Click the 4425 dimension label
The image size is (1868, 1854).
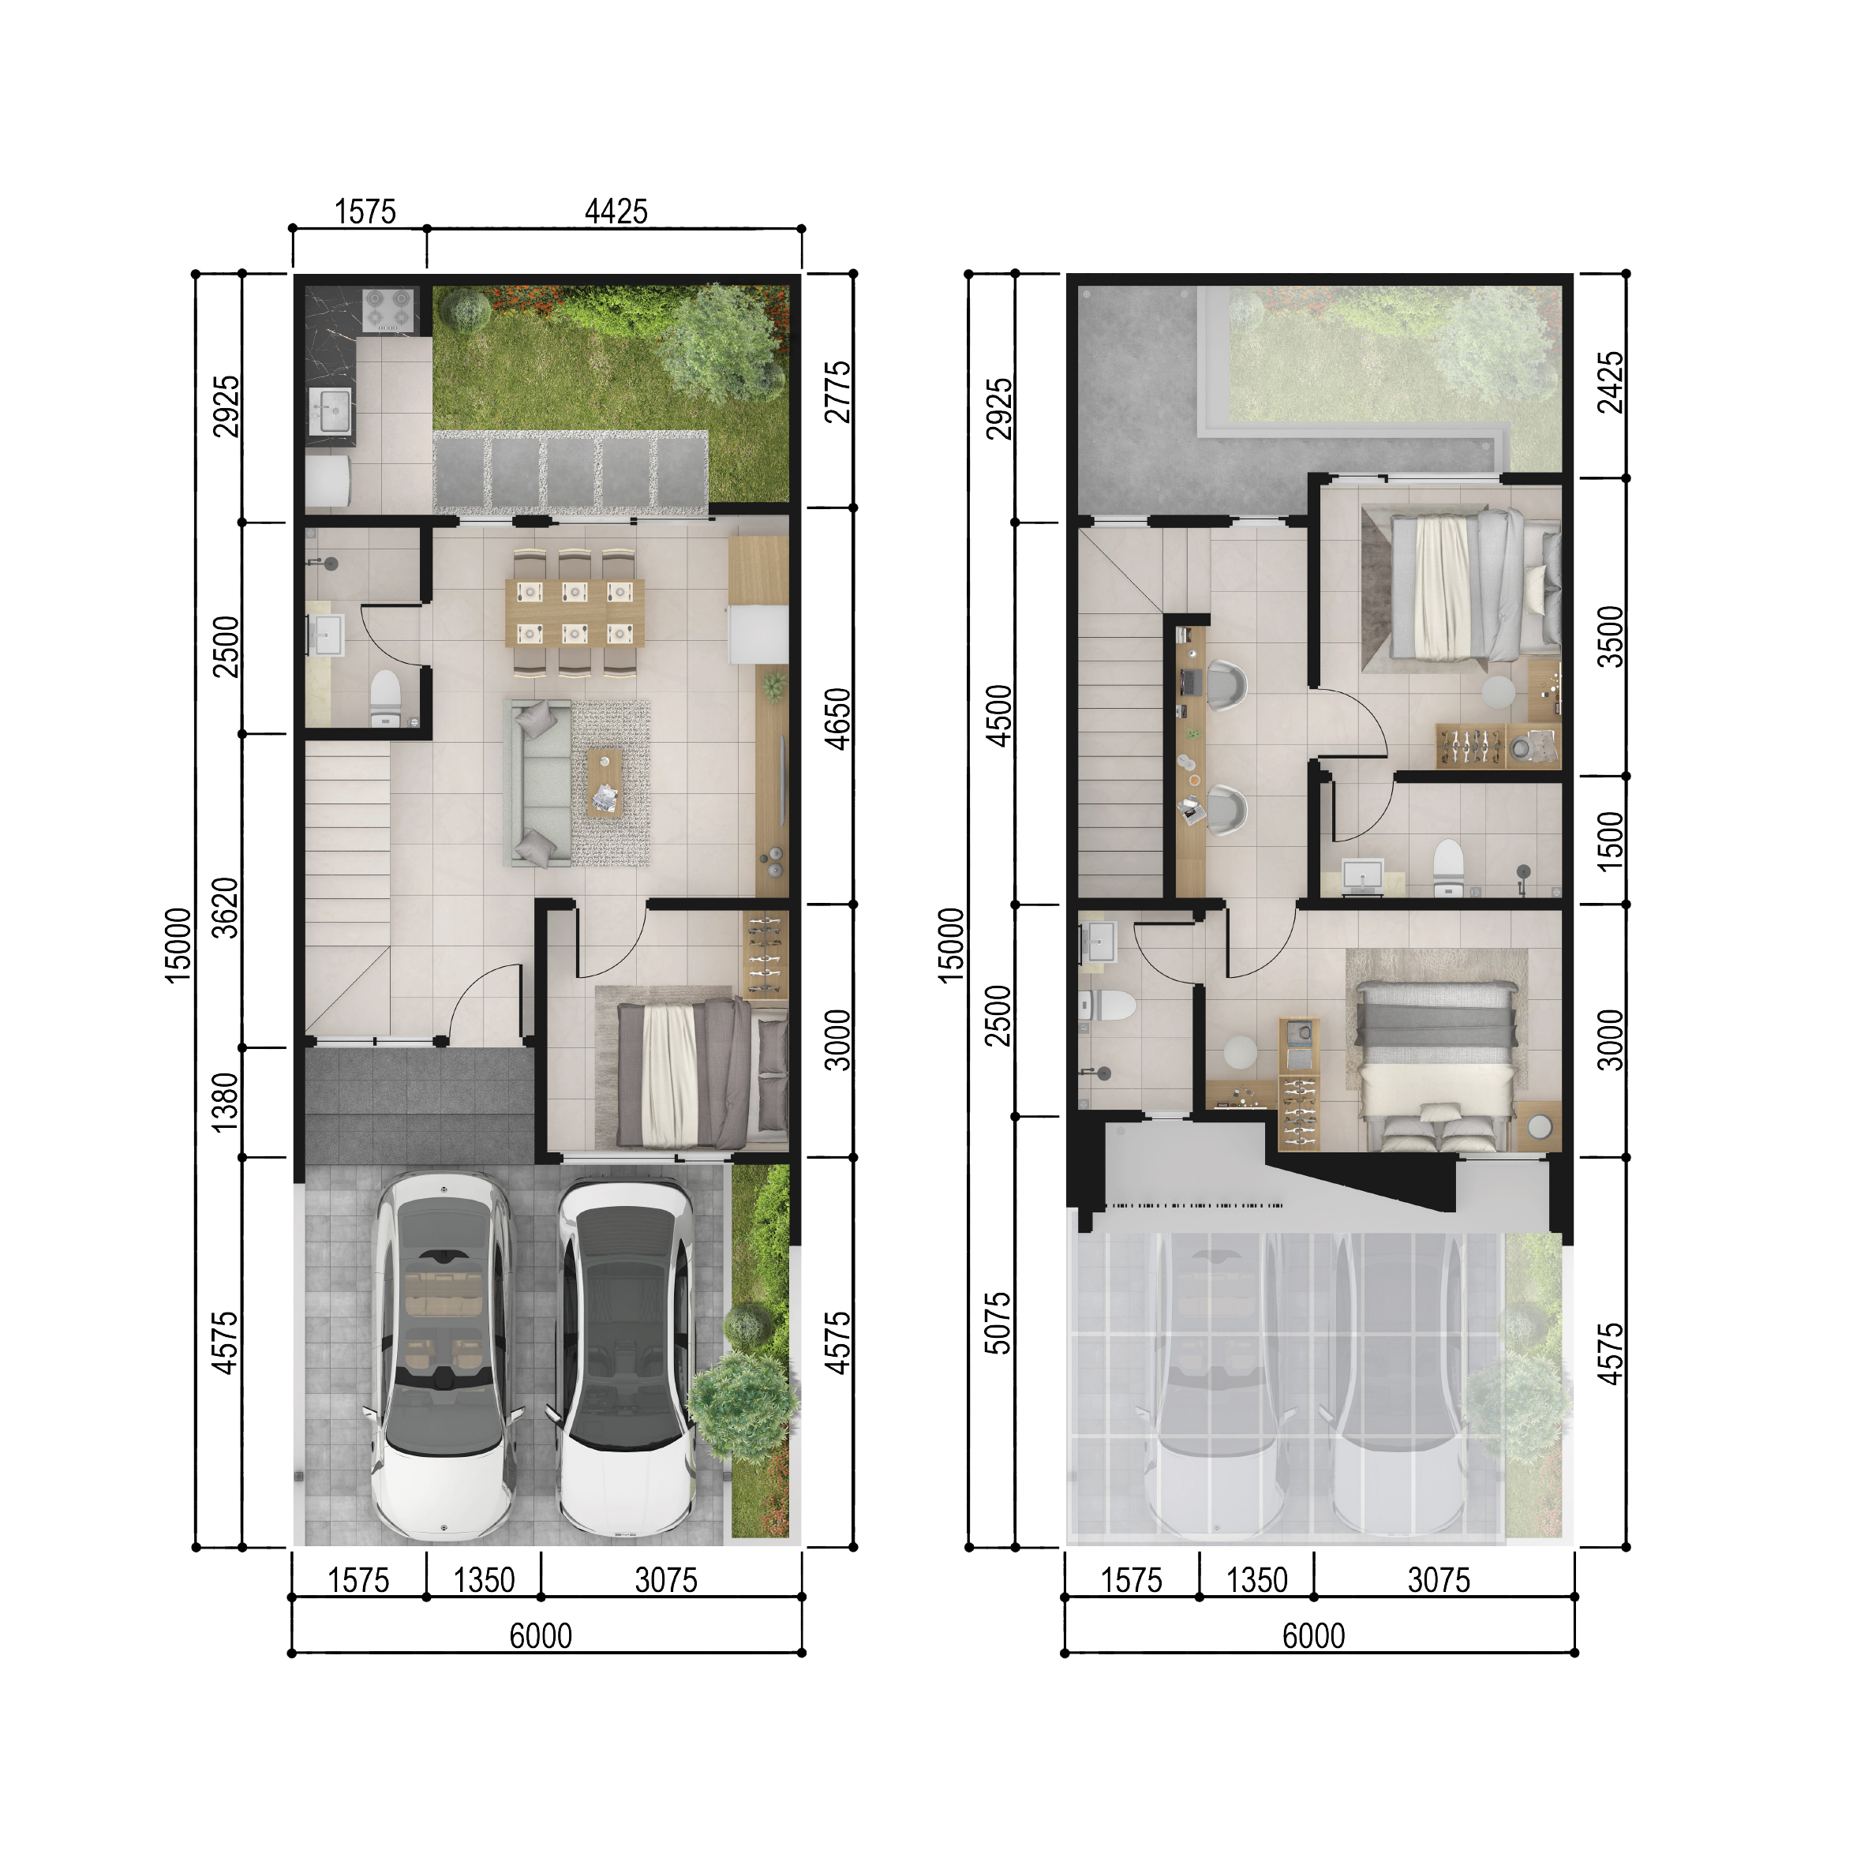point(616,211)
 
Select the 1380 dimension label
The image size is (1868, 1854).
point(224,1102)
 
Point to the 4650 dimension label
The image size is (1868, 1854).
point(837,718)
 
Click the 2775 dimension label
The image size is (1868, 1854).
point(837,391)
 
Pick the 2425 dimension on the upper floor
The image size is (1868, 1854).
point(1610,382)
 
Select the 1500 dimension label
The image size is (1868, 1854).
point(1610,841)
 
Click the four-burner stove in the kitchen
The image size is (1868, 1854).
point(387,312)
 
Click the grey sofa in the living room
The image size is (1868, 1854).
point(540,782)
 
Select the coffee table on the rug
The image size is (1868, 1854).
point(605,782)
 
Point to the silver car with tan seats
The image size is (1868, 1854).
point(444,1354)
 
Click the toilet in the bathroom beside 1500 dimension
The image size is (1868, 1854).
point(1447,863)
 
